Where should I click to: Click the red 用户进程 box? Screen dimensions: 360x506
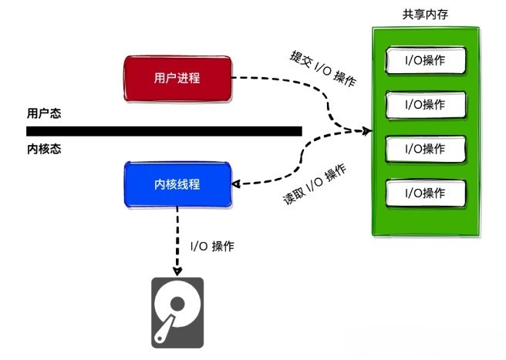[178, 78]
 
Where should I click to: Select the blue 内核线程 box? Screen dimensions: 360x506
[178, 184]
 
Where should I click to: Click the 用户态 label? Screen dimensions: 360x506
[44, 113]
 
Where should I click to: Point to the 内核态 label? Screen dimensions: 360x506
[44, 150]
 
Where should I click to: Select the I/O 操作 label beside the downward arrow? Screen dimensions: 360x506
[212, 247]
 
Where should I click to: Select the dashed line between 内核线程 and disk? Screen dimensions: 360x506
[178, 239]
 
